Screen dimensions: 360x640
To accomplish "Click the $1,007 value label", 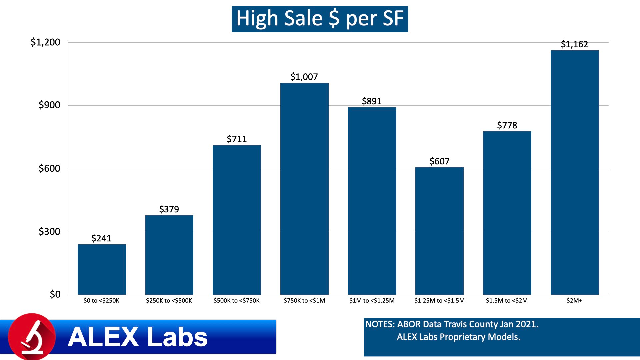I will point(304,77).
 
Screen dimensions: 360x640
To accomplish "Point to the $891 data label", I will point(372,101).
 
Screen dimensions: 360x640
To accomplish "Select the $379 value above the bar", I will point(169,209).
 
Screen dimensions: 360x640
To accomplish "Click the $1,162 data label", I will point(574,44).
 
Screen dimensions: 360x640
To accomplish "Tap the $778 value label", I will point(507,125).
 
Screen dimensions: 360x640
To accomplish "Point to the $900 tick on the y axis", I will point(49,105).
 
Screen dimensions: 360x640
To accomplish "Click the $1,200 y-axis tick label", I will point(45,42).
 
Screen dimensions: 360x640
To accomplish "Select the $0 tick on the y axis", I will point(55,294).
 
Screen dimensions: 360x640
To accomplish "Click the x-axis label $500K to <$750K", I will point(236,301).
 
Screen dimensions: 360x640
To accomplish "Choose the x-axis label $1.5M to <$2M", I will point(507,301).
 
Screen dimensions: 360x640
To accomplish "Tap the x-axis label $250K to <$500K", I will point(169,301).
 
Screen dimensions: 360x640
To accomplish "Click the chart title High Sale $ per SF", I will point(320,19).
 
